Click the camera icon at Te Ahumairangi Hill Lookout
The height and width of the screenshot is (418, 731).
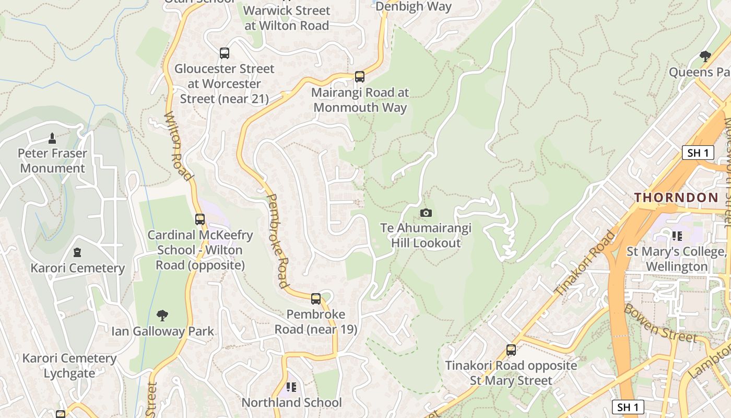click(x=426, y=213)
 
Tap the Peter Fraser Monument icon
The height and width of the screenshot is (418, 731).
click(x=52, y=138)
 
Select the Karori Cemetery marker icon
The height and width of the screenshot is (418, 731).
click(x=77, y=253)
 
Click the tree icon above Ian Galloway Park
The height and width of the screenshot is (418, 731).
click(x=162, y=315)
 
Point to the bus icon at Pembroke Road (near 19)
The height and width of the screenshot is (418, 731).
click(x=316, y=299)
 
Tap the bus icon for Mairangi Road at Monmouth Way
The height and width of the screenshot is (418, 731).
click(x=359, y=77)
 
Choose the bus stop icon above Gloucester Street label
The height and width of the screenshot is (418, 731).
click(x=224, y=53)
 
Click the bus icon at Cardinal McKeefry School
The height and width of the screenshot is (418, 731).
click(x=199, y=219)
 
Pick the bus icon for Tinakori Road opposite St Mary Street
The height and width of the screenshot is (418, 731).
click(x=511, y=350)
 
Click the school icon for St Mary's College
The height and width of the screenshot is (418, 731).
click(x=677, y=236)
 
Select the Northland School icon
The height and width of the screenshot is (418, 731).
click(x=291, y=387)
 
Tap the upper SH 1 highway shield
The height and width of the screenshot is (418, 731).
click(x=698, y=153)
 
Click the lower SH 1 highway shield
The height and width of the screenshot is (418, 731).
click(x=628, y=407)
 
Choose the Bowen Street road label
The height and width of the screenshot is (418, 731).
click(x=660, y=322)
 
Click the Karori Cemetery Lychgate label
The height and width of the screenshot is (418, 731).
click(x=69, y=366)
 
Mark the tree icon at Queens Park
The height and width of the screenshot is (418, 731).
click(x=705, y=56)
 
